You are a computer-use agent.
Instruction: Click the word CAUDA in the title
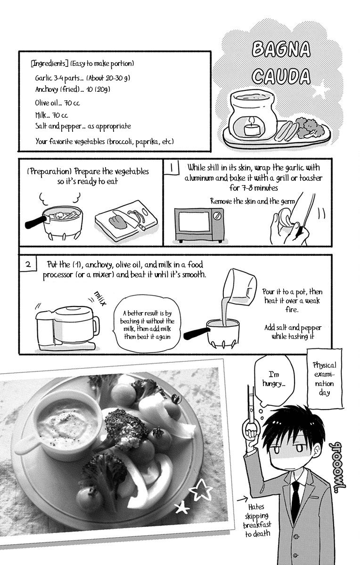point(281,76)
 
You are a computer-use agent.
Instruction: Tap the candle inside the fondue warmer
point(252,128)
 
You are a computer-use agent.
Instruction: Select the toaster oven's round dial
point(217,216)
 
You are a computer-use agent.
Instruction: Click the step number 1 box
point(172,167)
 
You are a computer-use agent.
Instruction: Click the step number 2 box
point(28,264)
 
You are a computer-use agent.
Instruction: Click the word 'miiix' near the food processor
point(100,298)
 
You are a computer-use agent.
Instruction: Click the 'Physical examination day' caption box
point(325,379)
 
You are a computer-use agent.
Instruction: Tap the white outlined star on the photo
point(201,490)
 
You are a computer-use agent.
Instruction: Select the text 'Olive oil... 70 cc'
point(57,103)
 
